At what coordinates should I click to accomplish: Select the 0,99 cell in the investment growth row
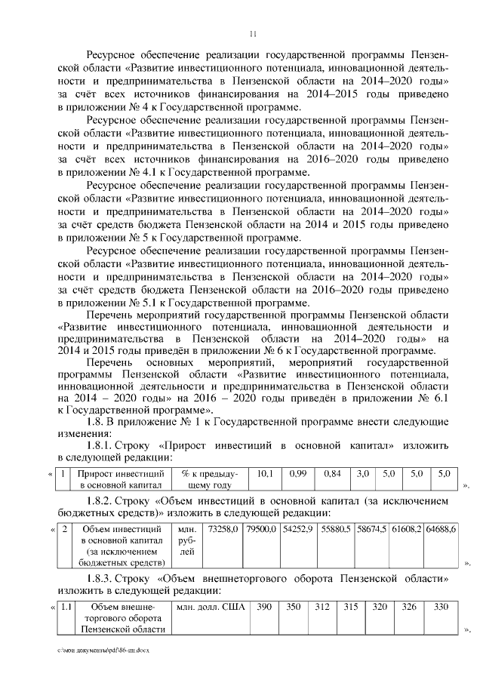pyautogui.click(x=298, y=473)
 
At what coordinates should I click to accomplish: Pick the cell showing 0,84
pyautogui.click(x=332, y=473)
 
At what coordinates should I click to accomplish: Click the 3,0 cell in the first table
pyautogui.click(x=363, y=473)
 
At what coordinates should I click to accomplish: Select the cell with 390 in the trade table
pyautogui.click(x=264, y=607)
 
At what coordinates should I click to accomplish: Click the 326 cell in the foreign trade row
pyautogui.click(x=408, y=607)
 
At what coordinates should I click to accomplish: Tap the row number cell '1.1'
pyautogui.click(x=66, y=607)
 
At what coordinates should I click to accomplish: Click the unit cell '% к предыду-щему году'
pyautogui.click(x=211, y=479)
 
